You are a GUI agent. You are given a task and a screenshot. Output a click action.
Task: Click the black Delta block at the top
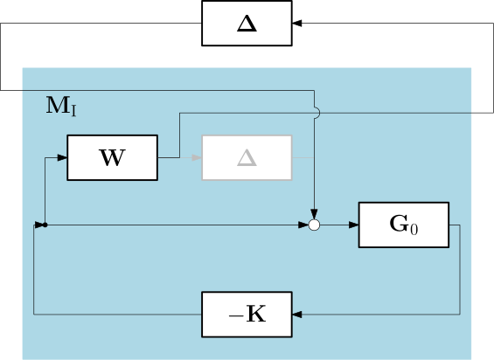[247, 24]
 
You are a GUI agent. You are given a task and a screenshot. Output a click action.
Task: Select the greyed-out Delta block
[247, 157]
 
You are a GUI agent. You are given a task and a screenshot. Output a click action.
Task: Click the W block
[113, 157]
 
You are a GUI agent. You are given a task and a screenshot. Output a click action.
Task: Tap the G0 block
[404, 225]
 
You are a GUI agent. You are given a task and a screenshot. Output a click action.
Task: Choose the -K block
[247, 315]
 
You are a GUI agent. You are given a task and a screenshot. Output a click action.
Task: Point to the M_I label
[61, 106]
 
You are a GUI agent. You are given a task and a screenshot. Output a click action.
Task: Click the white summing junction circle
[314, 225]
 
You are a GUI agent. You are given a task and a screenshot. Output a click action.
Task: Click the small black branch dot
[45, 225]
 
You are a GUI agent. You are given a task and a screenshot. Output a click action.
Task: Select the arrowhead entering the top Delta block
[297, 23]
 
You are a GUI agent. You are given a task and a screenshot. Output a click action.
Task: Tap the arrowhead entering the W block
[62, 157]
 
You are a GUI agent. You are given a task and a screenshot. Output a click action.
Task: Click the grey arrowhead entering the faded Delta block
[197, 157]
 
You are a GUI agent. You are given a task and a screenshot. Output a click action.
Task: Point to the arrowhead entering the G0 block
[354, 225]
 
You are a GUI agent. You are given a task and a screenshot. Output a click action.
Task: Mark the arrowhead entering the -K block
[297, 315]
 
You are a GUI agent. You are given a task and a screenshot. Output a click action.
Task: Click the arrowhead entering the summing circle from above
[314, 214]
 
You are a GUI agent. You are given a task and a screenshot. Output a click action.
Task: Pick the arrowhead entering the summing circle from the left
[303, 225]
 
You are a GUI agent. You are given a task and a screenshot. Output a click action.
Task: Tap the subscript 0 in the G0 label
[414, 229]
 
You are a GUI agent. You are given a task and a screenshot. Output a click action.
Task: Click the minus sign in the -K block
[235, 315]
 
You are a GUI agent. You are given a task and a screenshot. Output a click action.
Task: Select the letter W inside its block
[113, 158]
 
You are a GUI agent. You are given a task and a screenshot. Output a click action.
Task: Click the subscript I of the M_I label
[73, 112]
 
